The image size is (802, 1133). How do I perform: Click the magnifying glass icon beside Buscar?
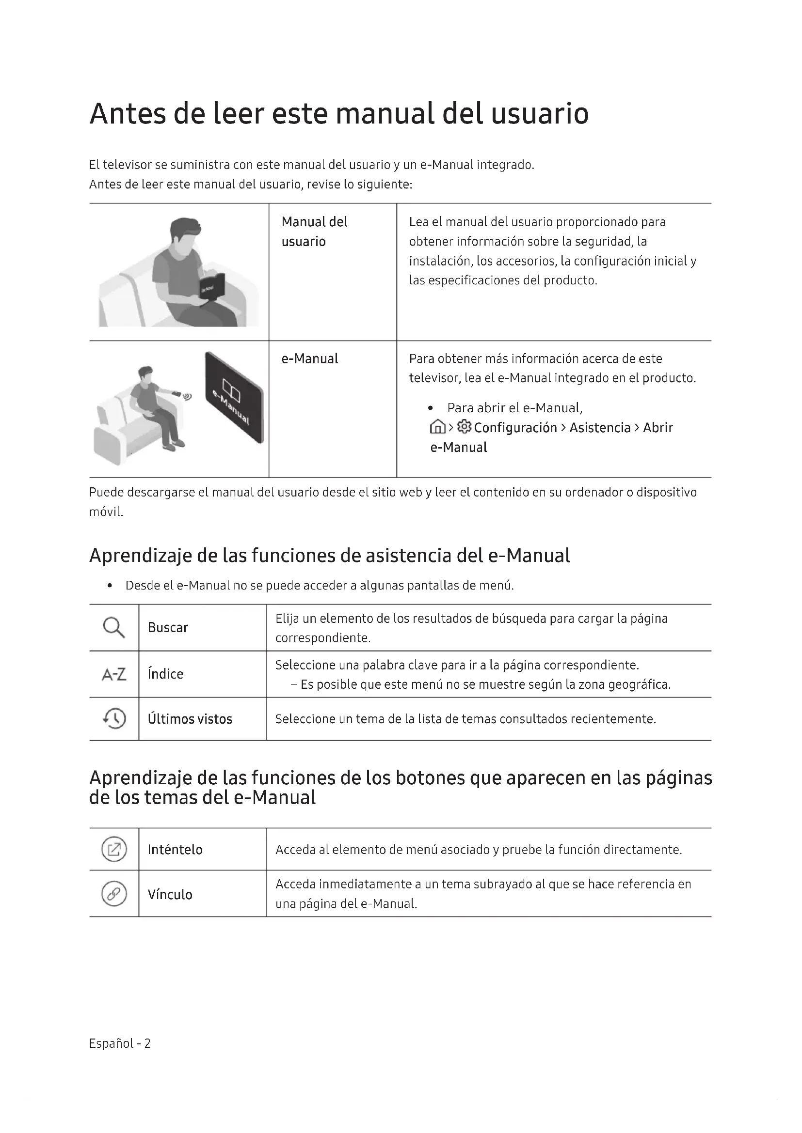point(113,628)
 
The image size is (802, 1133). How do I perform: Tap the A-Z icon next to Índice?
point(113,674)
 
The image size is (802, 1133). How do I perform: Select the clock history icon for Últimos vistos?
point(114,718)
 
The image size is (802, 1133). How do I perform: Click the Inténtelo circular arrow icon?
point(114,849)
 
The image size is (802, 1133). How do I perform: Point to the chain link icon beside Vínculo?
point(114,894)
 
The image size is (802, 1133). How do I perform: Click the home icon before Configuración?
point(437,427)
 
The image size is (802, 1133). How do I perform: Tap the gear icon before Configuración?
point(464,427)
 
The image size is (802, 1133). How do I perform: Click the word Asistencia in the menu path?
point(600,427)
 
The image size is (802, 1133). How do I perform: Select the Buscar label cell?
point(168,628)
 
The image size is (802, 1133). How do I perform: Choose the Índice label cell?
point(165,674)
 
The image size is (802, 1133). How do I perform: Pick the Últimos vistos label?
point(190,719)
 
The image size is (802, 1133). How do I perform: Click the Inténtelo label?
point(175,850)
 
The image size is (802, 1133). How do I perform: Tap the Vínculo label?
point(170,895)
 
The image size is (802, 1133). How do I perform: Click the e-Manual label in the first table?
point(310,359)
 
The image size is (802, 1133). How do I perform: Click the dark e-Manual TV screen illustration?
point(234,397)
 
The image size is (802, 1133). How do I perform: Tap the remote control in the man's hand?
point(176,394)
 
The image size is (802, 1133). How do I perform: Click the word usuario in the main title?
point(539,113)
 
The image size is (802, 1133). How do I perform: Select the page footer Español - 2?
point(119,1043)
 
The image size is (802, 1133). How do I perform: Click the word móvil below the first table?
point(106,512)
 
